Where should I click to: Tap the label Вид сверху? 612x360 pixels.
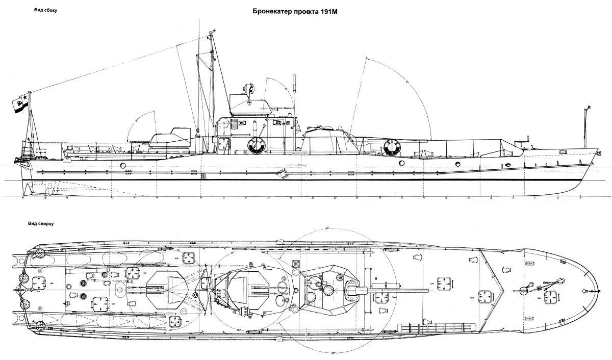click(45, 223)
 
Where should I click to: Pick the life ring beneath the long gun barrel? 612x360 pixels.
click(393, 146)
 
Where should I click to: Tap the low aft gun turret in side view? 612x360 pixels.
click(168, 139)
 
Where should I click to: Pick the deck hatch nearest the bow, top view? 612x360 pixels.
click(550, 296)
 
